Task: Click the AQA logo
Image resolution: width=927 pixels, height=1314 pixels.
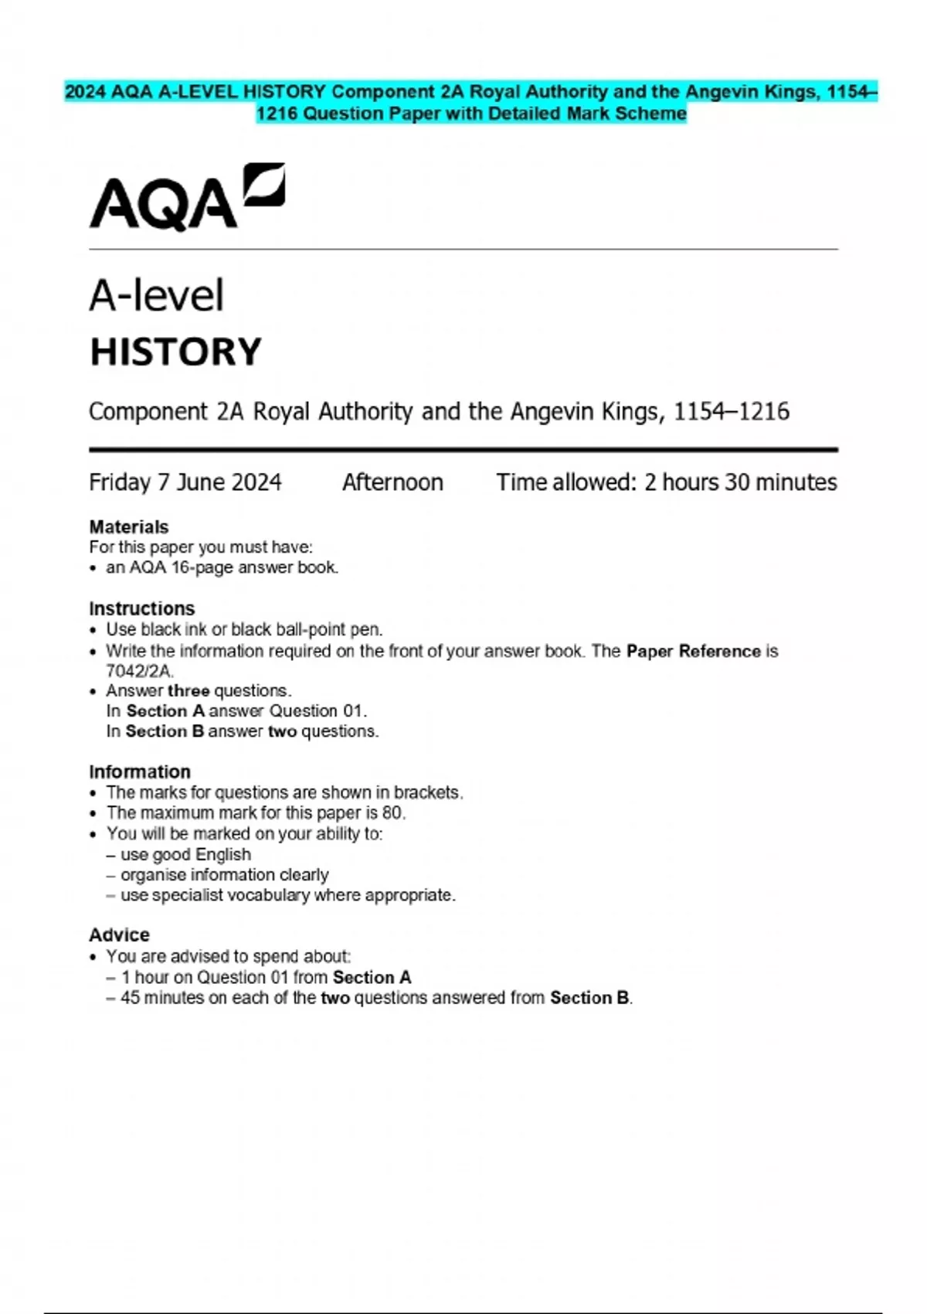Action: pos(187,197)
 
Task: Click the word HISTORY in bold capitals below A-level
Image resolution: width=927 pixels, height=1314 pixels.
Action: pos(176,352)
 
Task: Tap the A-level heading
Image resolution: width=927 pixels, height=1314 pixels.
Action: pos(157,295)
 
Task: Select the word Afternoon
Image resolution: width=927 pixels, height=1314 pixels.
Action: pos(392,482)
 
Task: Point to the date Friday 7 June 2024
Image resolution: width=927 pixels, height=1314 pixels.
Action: pos(185,482)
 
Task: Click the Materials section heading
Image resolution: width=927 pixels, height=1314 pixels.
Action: pos(129,527)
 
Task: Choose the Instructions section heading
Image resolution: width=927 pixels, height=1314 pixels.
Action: pos(142,608)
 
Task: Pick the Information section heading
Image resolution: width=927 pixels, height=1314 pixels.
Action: pos(140,771)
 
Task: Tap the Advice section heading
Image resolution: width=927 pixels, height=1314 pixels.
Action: pos(119,934)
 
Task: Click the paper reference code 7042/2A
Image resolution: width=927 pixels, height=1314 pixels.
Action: pos(139,671)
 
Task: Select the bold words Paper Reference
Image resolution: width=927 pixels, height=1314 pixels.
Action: pos(694,651)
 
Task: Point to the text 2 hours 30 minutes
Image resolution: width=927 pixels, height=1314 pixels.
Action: pos(741,482)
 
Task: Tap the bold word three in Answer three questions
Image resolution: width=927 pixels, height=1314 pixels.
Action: pos(188,690)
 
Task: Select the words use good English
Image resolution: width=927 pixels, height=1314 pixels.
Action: pos(185,854)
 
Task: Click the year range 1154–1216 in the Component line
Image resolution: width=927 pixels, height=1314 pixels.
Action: pos(732,411)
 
